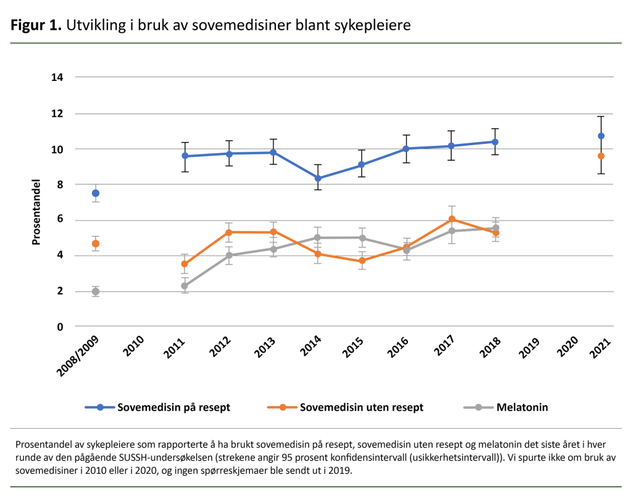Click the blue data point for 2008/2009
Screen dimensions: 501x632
[x=96, y=193]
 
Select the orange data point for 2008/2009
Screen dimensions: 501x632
[x=96, y=243]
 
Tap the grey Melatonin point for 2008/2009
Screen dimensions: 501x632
[x=96, y=292]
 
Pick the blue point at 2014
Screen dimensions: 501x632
[x=318, y=179]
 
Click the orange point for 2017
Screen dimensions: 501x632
[x=451, y=219]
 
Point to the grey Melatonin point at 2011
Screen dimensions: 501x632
[x=185, y=286]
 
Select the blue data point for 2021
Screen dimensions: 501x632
[x=601, y=136]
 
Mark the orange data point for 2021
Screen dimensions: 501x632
[x=601, y=156]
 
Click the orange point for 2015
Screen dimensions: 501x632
[x=362, y=261]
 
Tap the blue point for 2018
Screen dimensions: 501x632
[x=495, y=141]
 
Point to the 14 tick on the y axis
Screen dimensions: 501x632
[x=58, y=77]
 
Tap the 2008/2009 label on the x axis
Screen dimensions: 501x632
[x=78, y=358]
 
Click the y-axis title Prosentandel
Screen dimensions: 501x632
[x=36, y=212]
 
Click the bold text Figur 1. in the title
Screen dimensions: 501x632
[x=35, y=26]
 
